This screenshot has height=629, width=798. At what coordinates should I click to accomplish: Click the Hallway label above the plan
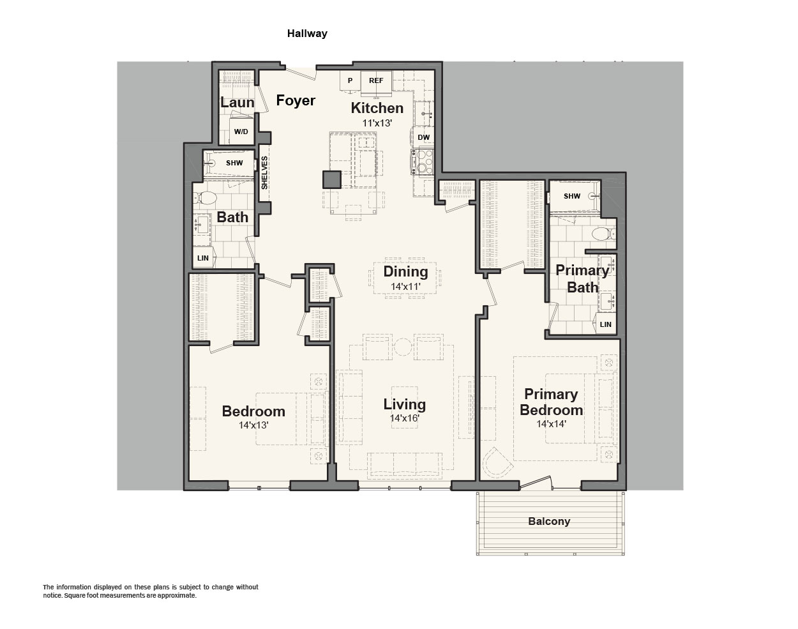(307, 34)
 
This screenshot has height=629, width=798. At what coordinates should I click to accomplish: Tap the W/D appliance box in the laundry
(241, 131)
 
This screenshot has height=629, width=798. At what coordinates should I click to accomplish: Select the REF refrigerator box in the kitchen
(376, 81)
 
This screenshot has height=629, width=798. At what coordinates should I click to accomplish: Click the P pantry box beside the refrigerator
(350, 81)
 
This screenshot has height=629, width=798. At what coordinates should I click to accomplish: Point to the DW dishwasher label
(423, 137)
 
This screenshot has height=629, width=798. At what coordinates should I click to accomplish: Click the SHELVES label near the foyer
(264, 173)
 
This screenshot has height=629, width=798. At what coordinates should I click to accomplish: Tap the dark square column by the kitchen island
(331, 179)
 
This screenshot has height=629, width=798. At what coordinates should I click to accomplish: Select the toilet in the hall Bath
(206, 198)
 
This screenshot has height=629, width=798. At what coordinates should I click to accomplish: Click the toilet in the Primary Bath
(603, 234)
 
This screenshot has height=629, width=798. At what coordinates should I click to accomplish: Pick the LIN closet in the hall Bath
(203, 258)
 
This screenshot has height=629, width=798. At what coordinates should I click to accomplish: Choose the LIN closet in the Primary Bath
(606, 324)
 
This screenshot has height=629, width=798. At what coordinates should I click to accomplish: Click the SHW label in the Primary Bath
(572, 196)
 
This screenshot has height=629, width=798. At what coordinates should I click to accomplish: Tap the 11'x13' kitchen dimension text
(377, 123)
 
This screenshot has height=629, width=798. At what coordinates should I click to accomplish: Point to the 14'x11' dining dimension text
(405, 287)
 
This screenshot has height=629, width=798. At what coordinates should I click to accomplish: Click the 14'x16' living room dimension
(405, 418)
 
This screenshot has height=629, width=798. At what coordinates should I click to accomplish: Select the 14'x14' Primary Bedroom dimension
(552, 423)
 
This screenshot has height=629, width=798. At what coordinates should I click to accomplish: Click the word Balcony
(549, 522)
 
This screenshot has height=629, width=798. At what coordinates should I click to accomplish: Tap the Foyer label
(296, 100)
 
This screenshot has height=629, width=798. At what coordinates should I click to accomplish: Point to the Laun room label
(237, 102)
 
